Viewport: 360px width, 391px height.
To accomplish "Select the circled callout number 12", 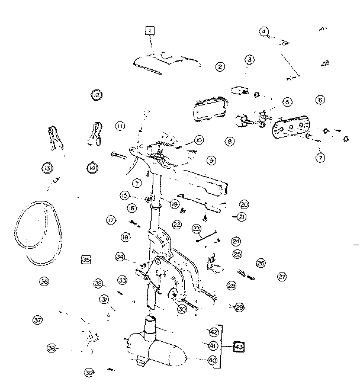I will pyautogui.click(x=96, y=95).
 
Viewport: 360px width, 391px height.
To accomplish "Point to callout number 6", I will pyautogui.click(x=320, y=100).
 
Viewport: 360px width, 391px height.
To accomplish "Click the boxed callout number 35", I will pyautogui.click(x=86, y=259).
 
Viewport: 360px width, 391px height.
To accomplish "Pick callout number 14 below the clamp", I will pyautogui.click(x=92, y=168).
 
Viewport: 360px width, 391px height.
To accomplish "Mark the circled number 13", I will pyautogui.click(x=47, y=168).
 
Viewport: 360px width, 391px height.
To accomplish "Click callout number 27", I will pyautogui.click(x=282, y=276).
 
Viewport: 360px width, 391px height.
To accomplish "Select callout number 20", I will pyautogui.click(x=244, y=204).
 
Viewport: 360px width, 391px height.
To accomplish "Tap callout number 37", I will pyautogui.click(x=37, y=320).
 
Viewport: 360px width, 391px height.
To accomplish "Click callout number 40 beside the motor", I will pyautogui.click(x=213, y=360).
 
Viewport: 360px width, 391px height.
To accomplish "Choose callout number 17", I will pyautogui.click(x=110, y=220).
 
